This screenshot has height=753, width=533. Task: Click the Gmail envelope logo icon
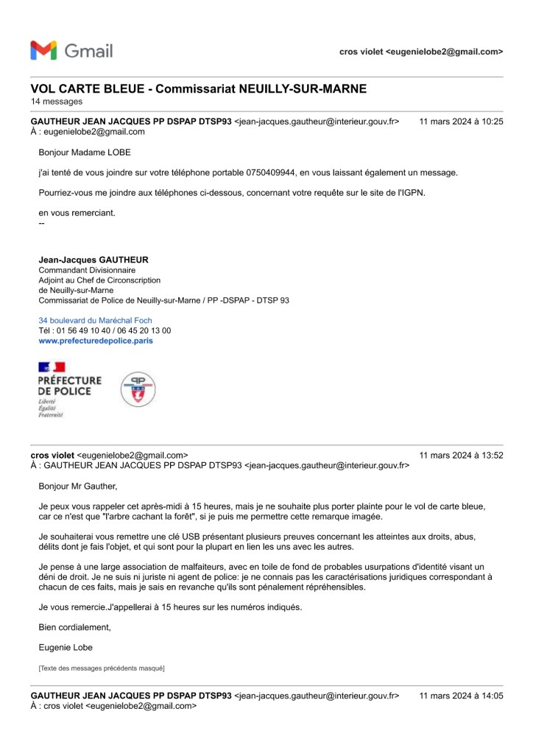pyautogui.click(x=43, y=51)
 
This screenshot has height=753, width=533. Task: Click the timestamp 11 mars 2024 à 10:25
pyautogui.click(x=461, y=121)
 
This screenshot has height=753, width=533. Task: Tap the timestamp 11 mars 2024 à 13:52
pyautogui.click(x=461, y=455)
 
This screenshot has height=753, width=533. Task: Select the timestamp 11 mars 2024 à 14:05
pyautogui.click(x=461, y=696)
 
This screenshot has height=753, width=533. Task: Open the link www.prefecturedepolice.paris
pyautogui.click(x=96, y=342)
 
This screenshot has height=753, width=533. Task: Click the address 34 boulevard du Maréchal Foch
pyautogui.click(x=95, y=321)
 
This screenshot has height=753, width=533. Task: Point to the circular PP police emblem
pyautogui.click(x=138, y=389)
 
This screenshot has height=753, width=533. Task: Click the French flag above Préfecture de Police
pyautogui.click(x=52, y=367)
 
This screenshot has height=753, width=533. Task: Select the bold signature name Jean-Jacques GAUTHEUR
pyautogui.click(x=93, y=260)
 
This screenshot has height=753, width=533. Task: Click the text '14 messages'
pyautogui.click(x=57, y=102)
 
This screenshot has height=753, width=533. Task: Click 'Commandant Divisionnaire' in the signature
pyautogui.click(x=87, y=270)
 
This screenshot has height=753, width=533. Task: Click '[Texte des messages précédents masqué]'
pyautogui.click(x=101, y=668)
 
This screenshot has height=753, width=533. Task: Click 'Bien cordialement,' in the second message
pyautogui.click(x=74, y=627)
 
